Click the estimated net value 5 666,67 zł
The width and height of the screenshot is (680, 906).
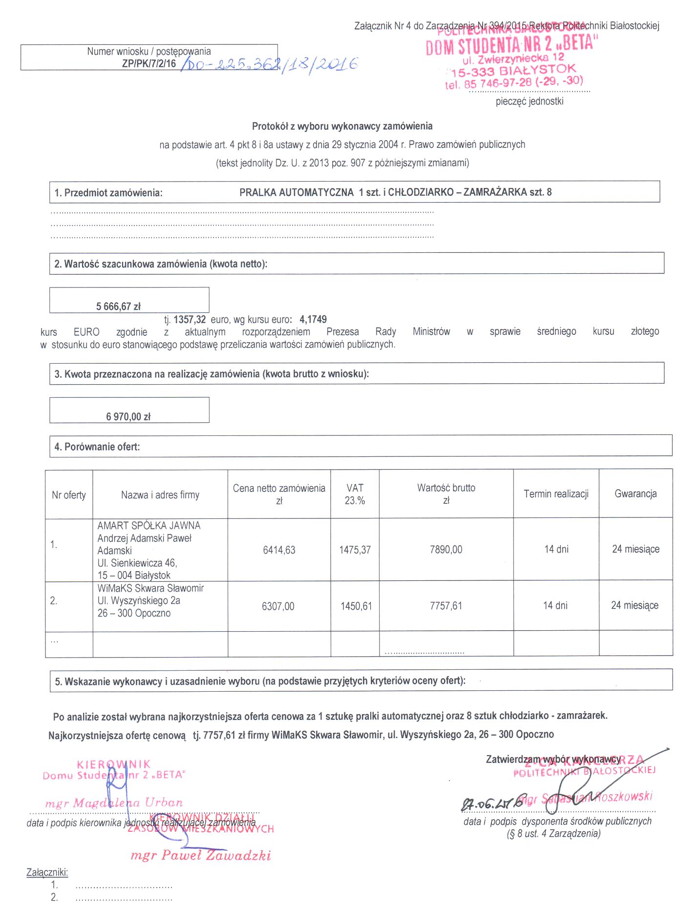[118, 307]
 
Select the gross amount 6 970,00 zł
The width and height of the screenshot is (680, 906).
[128, 416]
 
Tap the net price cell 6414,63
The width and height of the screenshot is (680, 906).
[279, 550]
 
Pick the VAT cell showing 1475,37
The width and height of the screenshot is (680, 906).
[355, 550]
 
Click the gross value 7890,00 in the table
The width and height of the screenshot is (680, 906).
[446, 550]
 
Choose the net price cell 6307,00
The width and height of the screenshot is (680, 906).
[278, 606]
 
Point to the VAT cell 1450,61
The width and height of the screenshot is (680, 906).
[356, 606]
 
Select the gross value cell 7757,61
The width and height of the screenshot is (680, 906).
[446, 606]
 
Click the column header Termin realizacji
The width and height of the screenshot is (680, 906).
[556, 494]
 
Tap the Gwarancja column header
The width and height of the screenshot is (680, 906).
[636, 494]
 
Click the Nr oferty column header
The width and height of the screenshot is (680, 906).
[69, 495]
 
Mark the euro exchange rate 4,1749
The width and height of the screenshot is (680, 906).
[313, 320]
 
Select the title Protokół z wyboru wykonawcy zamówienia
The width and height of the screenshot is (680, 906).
[342, 126]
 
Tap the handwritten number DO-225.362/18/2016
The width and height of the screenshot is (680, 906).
[269, 64]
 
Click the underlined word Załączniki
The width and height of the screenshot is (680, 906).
[47, 872]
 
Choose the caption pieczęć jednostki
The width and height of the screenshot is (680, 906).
[530, 102]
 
